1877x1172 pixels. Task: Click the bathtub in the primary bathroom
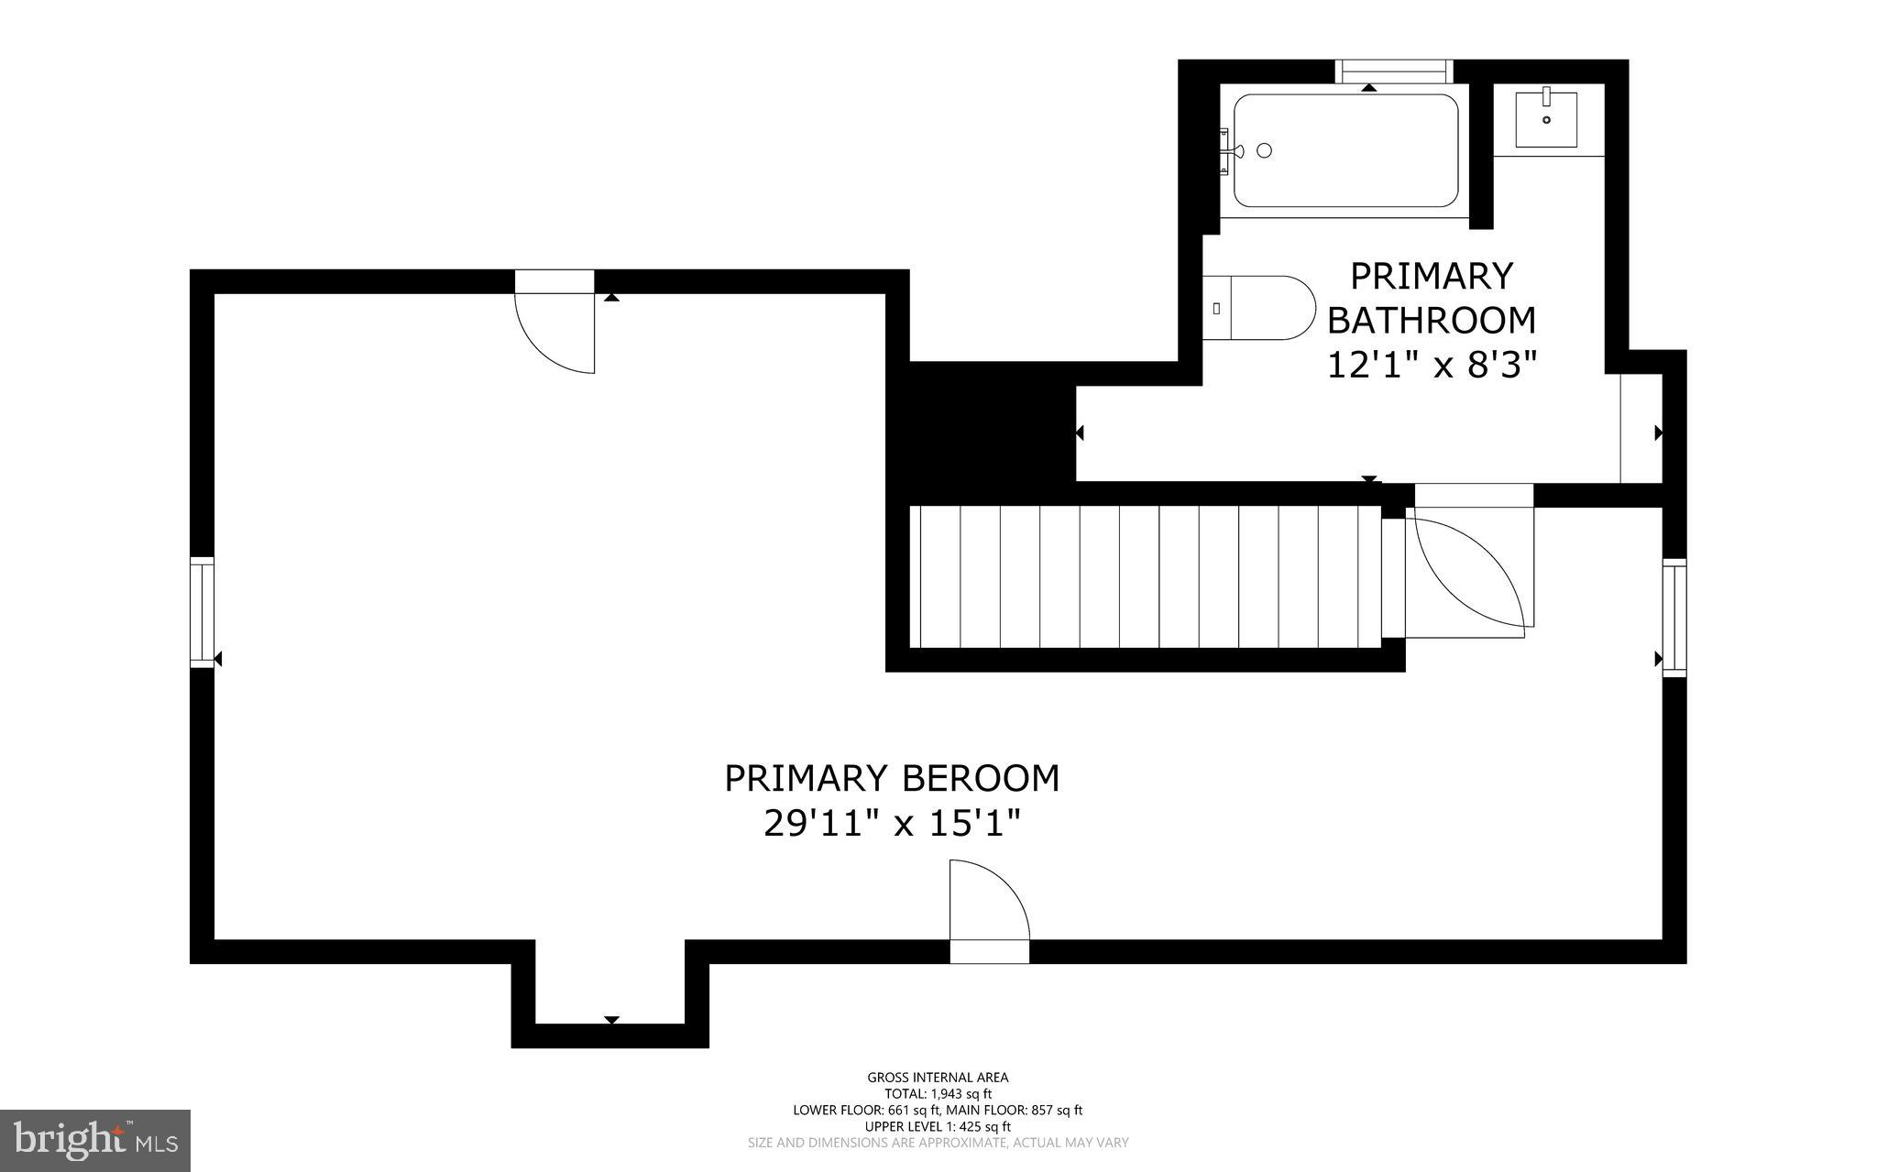(x=1345, y=151)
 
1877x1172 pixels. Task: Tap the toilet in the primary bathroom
(x=1256, y=308)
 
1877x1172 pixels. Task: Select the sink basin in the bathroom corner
(x=1545, y=119)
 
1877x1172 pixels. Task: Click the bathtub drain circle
(x=1265, y=151)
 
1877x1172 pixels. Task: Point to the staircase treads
(x=1146, y=576)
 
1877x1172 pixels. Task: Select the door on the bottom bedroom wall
(x=988, y=903)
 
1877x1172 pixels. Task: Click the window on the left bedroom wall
(x=202, y=612)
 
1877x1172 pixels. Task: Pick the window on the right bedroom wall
(x=1674, y=618)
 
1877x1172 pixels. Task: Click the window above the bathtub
(x=1394, y=71)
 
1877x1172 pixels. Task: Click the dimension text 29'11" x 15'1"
(x=892, y=825)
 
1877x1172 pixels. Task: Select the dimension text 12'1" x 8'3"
(x=1432, y=366)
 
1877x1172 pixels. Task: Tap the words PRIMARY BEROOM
(x=892, y=778)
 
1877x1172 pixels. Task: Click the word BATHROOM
(x=1432, y=321)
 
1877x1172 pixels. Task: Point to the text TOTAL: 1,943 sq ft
(x=938, y=1093)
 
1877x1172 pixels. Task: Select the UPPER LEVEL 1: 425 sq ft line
(x=938, y=1126)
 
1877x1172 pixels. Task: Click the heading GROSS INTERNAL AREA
(x=938, y=1078)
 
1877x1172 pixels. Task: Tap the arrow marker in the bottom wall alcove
(x=611, y=1020)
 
